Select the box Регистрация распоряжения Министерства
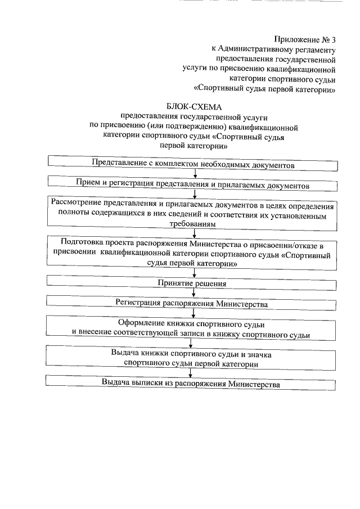click(x=191, y=303)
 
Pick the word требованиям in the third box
click(x=193, y=223)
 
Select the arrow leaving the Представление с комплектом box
click(x=195, y=174)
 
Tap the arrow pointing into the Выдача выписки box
click(x=195, y=373)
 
